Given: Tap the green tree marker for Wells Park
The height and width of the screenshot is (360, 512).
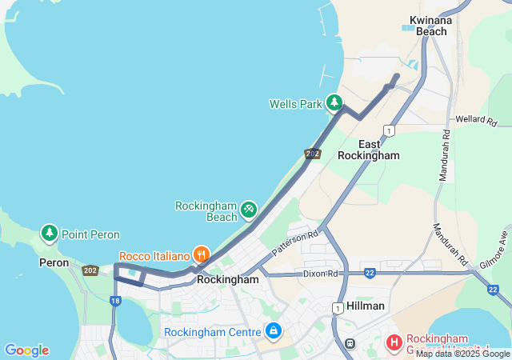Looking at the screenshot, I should click(334, 102).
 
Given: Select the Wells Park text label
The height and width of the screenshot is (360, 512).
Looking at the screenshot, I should click(295, 104).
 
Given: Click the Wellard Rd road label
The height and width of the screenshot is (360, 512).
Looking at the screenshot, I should click(476, 121).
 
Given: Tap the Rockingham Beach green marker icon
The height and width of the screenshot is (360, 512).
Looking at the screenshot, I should click(249, 210).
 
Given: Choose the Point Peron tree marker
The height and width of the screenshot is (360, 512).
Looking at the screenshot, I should click(50, 234).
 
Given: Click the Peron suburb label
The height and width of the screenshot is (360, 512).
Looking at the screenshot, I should click(54, 262).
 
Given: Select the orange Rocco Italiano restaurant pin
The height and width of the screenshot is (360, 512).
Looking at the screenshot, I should click(201, 255).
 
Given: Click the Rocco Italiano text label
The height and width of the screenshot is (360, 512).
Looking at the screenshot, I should click(154, 256).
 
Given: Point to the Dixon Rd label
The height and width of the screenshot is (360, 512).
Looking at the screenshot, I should click(321, 274).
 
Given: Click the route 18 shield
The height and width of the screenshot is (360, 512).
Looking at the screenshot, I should click(115, 301).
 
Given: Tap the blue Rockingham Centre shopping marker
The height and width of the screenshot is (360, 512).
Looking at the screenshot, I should click(274, 330).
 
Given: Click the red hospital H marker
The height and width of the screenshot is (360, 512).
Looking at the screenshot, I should click(394, 342).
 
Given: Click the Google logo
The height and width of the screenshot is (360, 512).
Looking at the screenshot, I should click(26, 350).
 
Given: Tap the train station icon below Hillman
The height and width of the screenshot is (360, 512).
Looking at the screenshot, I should click(350, 343).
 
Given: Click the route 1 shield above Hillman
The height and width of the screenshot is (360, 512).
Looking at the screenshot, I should click(338, 307).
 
